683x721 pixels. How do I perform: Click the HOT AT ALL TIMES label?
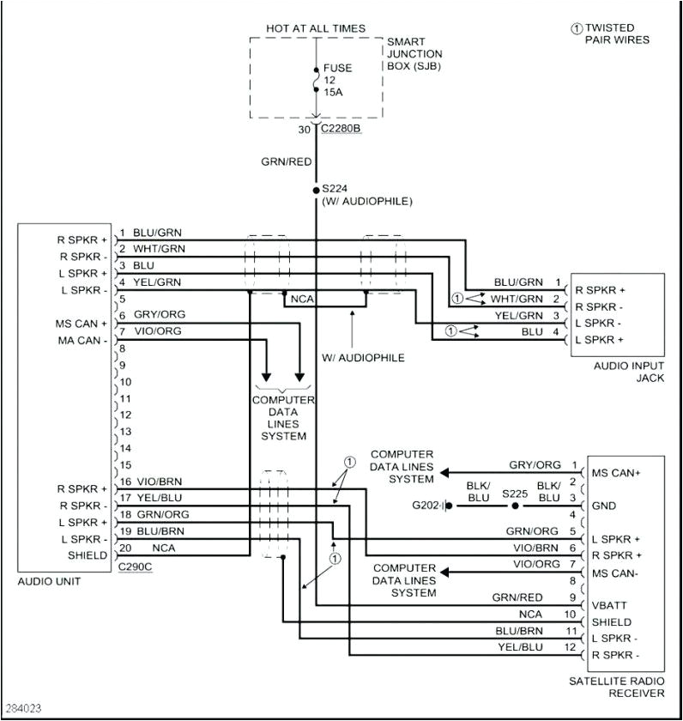click(x=316, y=28)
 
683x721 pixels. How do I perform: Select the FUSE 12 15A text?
click(x=337, y=79)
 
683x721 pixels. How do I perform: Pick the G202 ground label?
click(x=425, y=506)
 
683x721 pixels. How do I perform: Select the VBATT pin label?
click(x=608, y=605)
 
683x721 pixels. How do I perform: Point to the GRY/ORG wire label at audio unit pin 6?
click(x=159, y=315)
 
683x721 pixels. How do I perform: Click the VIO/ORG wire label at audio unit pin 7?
click(x=157, y=331)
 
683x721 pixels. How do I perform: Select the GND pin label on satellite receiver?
click(x=603, y=506)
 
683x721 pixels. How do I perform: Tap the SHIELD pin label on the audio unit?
click(x=88, y=555)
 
